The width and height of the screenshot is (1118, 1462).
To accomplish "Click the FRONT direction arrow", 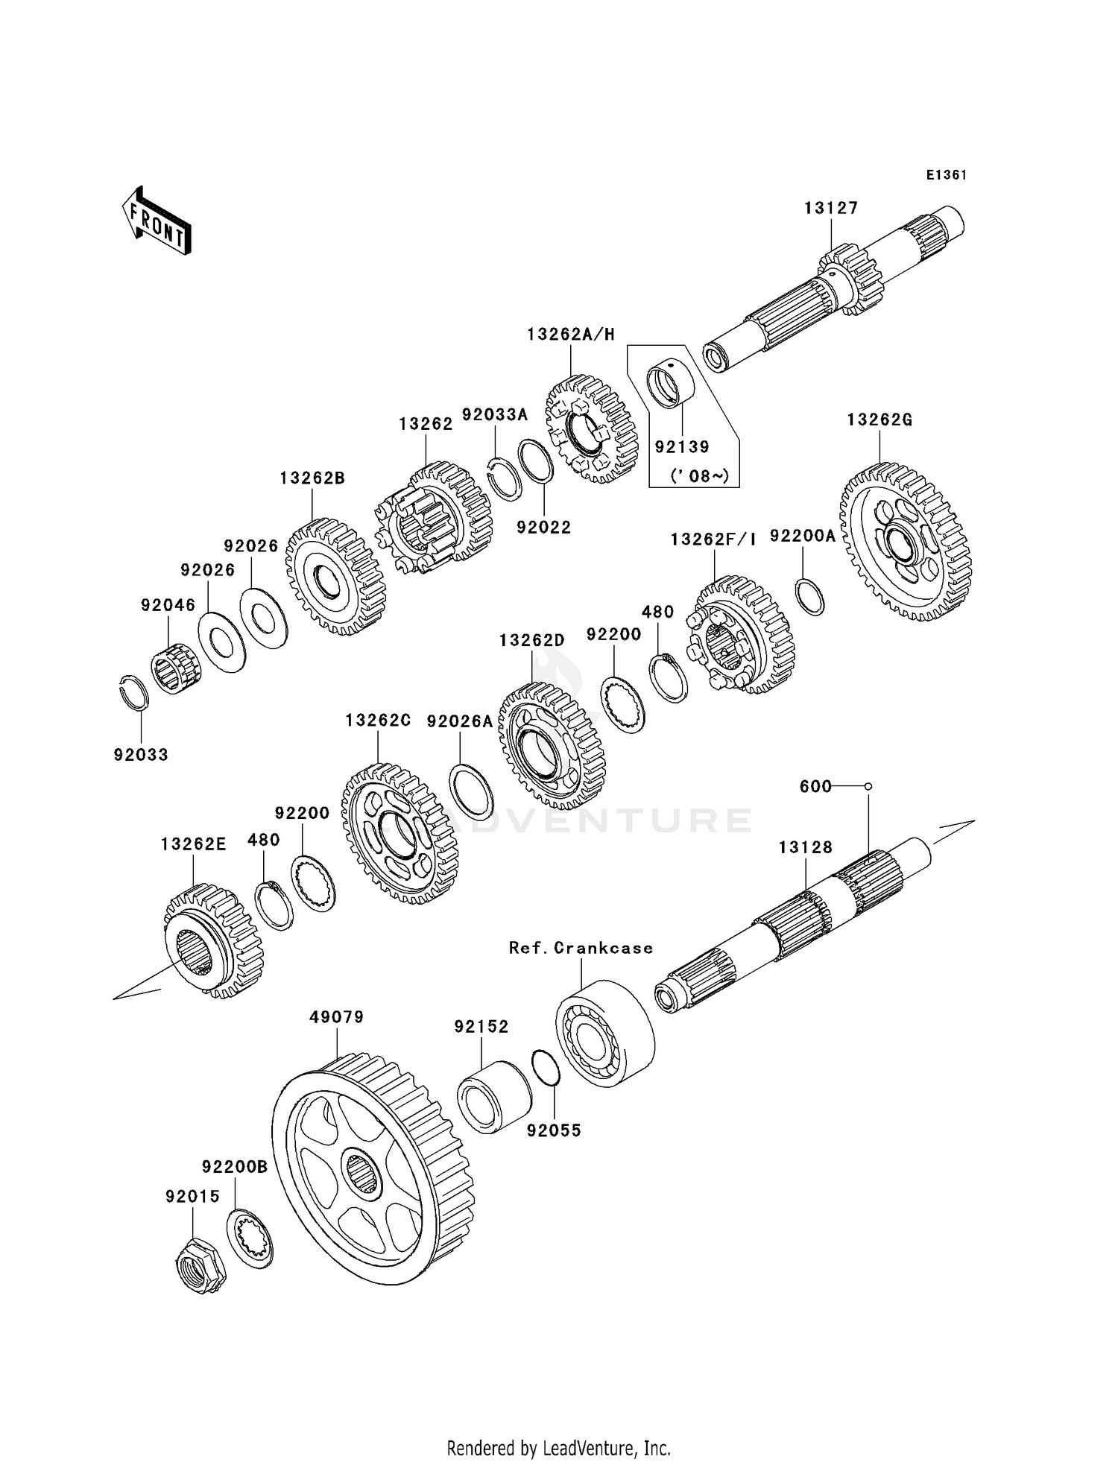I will point(157,222).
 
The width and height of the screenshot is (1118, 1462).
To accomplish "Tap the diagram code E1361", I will point(947,175).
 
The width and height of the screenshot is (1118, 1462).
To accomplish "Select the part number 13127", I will point(830,209).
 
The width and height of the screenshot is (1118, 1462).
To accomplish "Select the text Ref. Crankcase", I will point(581,948).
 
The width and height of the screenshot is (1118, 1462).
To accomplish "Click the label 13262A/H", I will point(571,335).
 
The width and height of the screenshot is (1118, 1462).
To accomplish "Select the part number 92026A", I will point(460,721).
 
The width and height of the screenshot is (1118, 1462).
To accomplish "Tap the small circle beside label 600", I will point(868,786).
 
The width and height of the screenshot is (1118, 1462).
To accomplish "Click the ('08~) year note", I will point(699,475).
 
